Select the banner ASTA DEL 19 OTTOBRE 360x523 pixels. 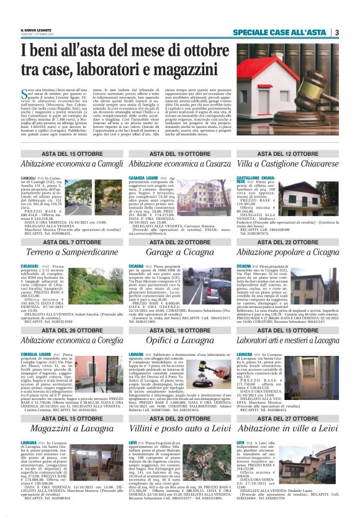pos(171,153)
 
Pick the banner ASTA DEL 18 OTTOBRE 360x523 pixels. pos(171,330)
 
